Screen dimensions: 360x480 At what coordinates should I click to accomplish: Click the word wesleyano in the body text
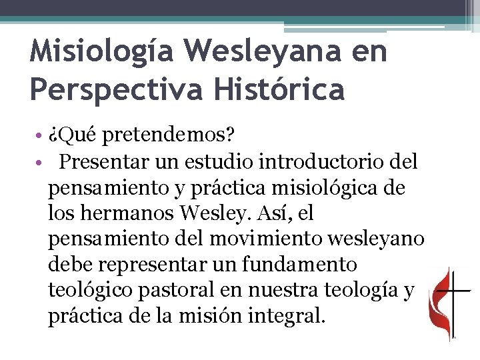pyautogui.click(x=382, y=239)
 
